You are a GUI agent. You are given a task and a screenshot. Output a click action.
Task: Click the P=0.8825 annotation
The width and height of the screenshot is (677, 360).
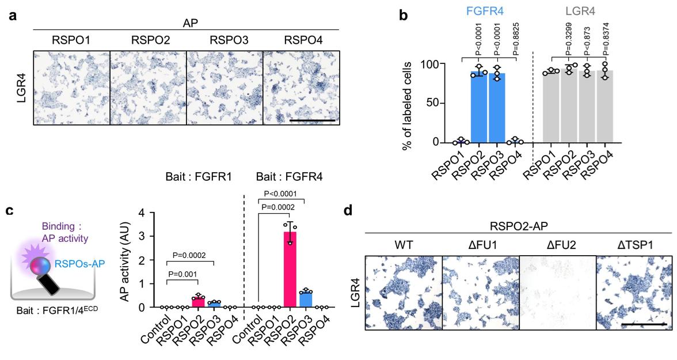click(x=516, y=39)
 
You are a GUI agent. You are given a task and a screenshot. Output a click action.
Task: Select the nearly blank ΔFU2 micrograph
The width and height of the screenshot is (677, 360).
click(x=557, y=293)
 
